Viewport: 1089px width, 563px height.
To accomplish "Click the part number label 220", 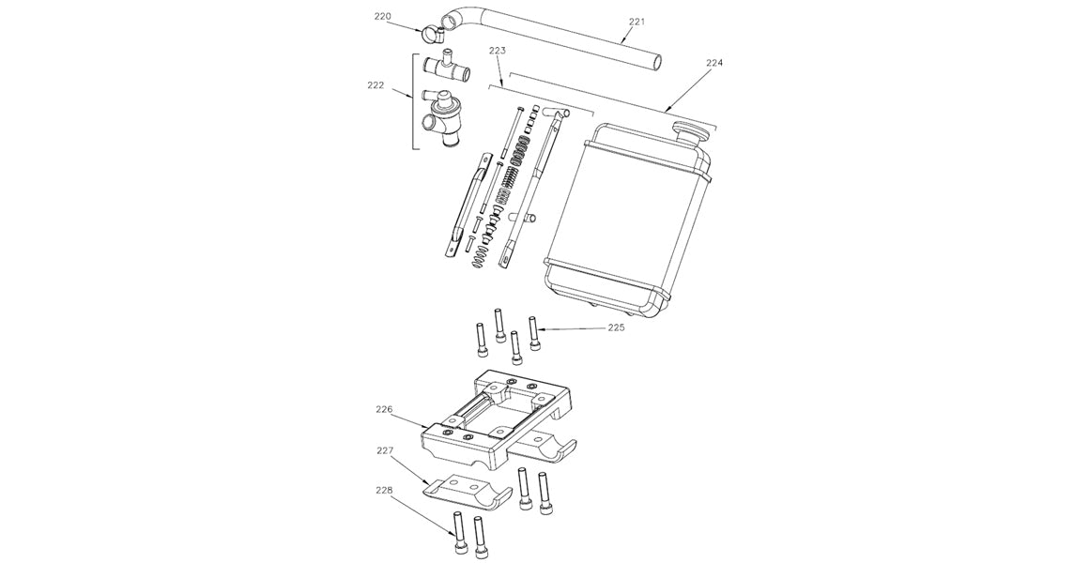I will point(382,17).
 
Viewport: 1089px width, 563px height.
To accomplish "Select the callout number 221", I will point(638,21).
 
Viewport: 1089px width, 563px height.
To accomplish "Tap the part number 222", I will point(376,84).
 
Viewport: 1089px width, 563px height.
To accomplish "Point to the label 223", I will point(498,52).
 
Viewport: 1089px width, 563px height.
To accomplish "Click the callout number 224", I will point(714,64).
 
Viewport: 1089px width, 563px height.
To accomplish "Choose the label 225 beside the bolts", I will point(616,328).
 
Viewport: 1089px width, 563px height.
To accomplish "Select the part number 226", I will point(385,410).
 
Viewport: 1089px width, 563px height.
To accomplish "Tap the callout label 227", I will point(385,450).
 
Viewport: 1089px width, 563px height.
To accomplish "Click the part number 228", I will point(385,491).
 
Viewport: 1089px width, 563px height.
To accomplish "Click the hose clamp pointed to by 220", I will point(432,37).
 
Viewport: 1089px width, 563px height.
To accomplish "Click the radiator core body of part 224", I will point(629,216).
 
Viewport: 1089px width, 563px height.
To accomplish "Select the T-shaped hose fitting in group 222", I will point(448,67).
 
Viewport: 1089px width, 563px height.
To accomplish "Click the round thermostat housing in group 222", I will point(441,122).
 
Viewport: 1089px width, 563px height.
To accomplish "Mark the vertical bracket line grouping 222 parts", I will point(414,101).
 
